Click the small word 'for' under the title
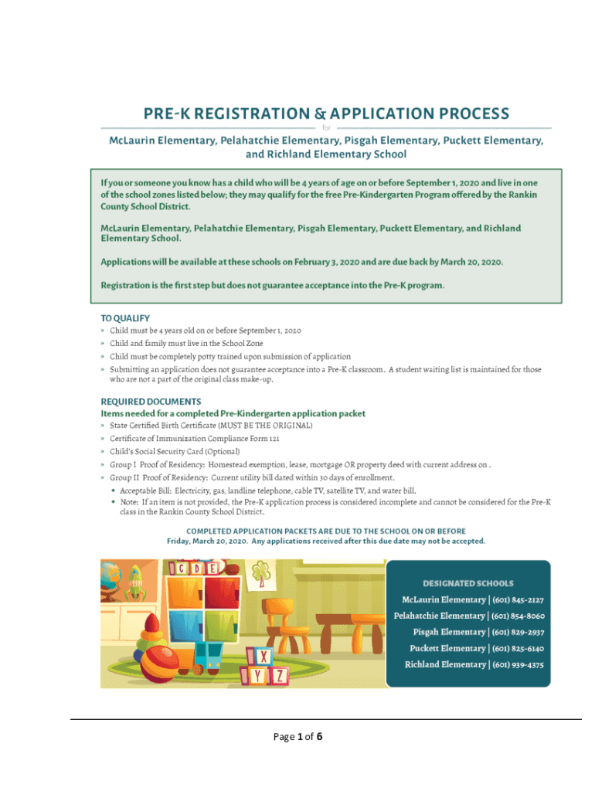click(325, 128)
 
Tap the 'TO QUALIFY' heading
click(125, 318)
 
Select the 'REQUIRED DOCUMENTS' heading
click(151, 402)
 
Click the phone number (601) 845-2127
click(518, 600)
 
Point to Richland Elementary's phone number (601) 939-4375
click(518, 664)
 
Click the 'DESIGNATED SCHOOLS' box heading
click(467, 583)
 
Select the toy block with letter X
click(263, 657)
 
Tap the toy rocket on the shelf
click(136, 580)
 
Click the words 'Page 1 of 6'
click(297, 737)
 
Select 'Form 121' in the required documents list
click(263, 438)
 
